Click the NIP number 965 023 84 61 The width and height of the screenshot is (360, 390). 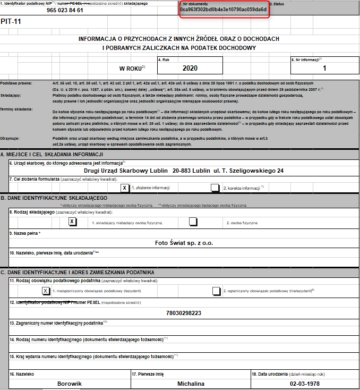pyautogui.click(x=65, y=10)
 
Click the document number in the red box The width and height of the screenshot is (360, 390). pyautogui.click(x=223, y=10)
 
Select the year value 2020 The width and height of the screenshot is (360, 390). pyautogui.click(x=190, y=68)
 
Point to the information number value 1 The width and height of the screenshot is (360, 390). pyautogui.click(x=324, y=68)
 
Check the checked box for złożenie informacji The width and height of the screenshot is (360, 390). pyautogui.click(x=124, y=188)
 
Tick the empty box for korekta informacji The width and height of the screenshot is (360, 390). pyautogui.click(x=215, y=188)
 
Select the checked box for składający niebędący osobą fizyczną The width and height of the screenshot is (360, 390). pyautogui.click(x=73, y=222)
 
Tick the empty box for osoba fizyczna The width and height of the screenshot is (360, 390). pyautogui.click(x=194, y=222)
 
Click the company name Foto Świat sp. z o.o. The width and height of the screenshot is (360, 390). pyautogui.click(x=184, y=243)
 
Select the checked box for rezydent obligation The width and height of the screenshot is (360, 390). pyautogui.click(x=46, y=291)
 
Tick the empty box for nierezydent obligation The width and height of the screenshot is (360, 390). pyautogui.click(x=216, y=291)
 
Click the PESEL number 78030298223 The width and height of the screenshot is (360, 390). pyautogui.click(x=184, y=312)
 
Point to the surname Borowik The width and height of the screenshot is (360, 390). pyautogui.click(x=70, y=384)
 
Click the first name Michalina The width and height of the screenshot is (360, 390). pyautogui.click(x=190, y=384)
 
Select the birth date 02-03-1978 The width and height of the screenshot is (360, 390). pyautogui.click(x=304, y=384)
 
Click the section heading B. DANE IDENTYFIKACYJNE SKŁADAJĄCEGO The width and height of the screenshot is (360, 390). pyautogui.click(x=55, y=198)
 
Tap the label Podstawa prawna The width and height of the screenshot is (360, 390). pyautogui.click(x=16, y=84)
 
